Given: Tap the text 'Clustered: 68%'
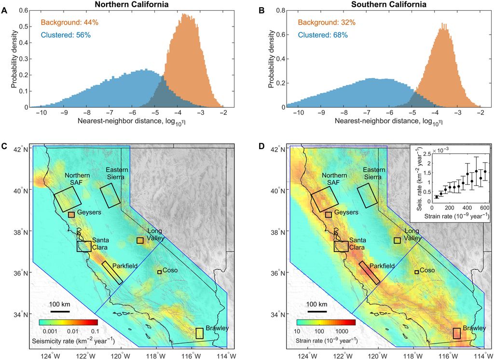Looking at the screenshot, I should [326, 35].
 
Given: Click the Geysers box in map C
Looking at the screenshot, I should [71, 214].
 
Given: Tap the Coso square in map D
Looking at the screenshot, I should [416, 272].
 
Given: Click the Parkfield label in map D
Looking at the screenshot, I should [382, 266].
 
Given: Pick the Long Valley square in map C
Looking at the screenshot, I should [140, 240].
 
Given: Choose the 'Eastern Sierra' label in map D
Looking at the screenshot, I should [374, 173].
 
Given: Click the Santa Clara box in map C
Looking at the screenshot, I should [84, 247].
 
